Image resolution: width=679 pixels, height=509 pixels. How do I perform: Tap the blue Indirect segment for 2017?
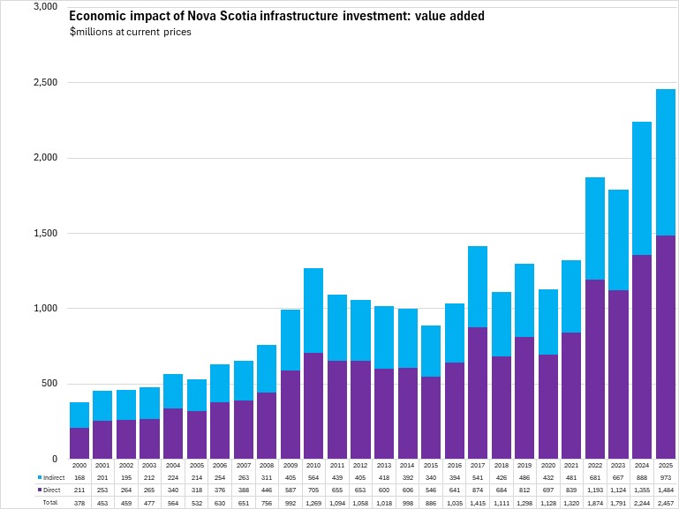478,287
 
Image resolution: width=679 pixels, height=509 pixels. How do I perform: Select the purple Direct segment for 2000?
79,443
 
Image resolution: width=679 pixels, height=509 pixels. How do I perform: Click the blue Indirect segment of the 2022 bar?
595,228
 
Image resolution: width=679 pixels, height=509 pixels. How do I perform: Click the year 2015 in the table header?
430,464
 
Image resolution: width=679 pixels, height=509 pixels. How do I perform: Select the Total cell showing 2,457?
665,501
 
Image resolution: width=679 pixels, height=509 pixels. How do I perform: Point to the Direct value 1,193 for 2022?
595,489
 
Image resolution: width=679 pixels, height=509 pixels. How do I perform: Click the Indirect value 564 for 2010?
313,476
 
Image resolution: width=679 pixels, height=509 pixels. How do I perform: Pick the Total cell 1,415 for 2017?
478,501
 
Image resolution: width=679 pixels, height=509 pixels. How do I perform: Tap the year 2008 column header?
267,464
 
